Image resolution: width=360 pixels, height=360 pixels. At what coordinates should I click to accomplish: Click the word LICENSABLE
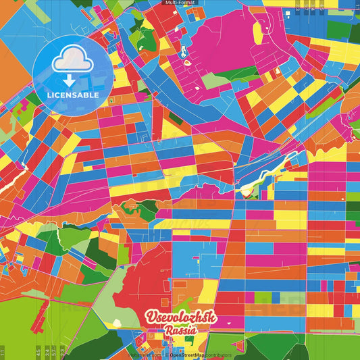[x=73, y=95]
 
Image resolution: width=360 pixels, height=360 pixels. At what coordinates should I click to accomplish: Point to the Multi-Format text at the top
[x=179, y=3]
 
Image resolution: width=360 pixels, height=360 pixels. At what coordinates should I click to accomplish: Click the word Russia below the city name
[x=180, y=332]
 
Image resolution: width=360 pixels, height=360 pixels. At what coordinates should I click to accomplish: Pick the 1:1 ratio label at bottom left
[x=3, y=352]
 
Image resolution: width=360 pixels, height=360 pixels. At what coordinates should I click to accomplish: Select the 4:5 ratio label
[x=38, y=352]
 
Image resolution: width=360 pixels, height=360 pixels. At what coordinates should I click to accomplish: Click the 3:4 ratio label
[x=47, y=352]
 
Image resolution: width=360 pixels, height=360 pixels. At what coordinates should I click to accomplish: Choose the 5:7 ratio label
[x=54, y=352]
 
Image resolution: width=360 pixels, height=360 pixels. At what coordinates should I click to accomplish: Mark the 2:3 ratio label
[x=62, y=352]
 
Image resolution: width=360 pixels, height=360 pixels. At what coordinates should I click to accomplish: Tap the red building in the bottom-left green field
[x=41, y=317]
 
